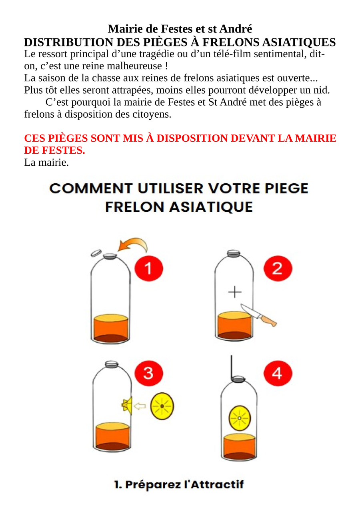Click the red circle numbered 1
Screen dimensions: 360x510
pos(149,268)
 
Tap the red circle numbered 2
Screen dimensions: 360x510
pos(278,268)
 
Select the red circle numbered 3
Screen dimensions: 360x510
pos(149,373)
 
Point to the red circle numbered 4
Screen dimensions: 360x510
pos(278,373)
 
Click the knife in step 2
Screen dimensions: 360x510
pos(258,315)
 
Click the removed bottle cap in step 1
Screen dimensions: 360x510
pos(96,253)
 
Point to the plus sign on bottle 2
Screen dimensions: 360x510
pos(235,292)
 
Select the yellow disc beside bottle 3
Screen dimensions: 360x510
pos(162,406)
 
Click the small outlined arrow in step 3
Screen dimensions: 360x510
pos(140,406)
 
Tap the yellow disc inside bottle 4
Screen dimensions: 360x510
pos(239,418)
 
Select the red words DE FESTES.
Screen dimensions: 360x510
pos(55,150)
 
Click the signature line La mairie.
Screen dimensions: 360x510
pos(46,163)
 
